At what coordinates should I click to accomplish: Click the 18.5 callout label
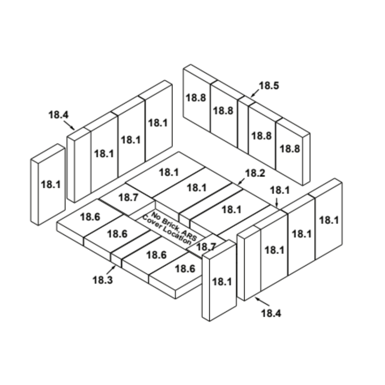point(269,86)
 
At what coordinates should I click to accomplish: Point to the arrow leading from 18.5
point(255,93)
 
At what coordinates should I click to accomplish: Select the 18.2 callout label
point(255,173)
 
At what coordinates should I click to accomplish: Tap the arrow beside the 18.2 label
point(241,181)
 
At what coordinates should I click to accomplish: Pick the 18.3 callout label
point(103,280)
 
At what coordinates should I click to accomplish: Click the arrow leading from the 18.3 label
point(111,270)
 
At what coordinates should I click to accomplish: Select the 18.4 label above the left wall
point(59,115)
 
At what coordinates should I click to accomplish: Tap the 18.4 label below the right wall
point(271,313)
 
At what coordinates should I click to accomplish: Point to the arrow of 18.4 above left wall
point(69,125)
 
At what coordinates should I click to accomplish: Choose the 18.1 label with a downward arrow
point(280,190)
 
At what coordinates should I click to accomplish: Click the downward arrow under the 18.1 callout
point(277,202)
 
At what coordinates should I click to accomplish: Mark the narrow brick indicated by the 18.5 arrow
point(243,125)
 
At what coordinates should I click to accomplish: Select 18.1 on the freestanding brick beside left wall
point(50,185)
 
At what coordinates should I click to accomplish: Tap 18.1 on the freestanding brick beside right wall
point(222,282)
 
